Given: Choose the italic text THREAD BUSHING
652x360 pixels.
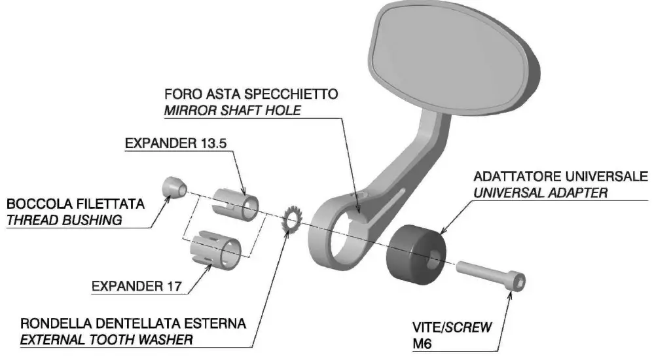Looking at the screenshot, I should point(63,220).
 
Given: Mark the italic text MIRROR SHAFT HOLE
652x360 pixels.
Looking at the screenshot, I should point(232,110).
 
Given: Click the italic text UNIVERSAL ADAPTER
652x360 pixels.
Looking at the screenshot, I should point(540,193).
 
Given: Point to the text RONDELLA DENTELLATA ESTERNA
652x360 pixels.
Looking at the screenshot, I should point(133,324).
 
